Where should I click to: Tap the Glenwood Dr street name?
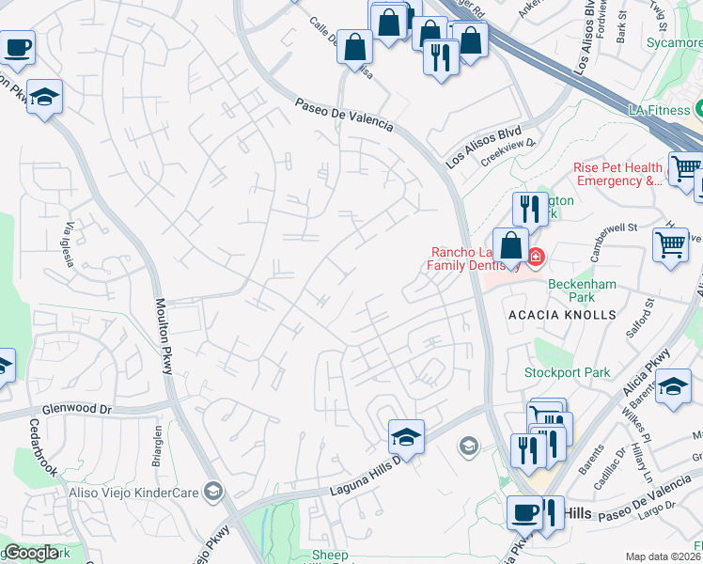(x=77, y=411)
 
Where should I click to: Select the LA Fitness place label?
(x=659, y=110)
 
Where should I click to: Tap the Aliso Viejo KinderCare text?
(x=133, y=491)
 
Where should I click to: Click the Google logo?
(x=31, y=553)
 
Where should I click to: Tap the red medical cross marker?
(x=536, y=256)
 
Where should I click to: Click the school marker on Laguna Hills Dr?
(x=406, y=436)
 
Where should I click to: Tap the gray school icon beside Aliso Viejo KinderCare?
(x=213, y=491)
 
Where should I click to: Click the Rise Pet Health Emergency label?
(x=617, y=174)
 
